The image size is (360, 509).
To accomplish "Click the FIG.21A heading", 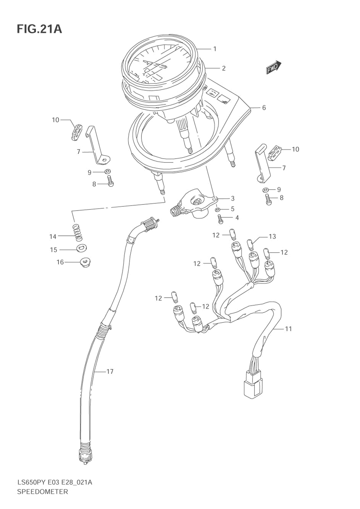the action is pos(39,29).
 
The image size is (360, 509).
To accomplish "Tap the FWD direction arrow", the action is pos(273,67).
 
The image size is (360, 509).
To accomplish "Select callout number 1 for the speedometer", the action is pos(215,49).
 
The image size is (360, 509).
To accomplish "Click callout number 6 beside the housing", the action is pos(264,108).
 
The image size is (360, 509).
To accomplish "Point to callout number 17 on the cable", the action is pos(110,371).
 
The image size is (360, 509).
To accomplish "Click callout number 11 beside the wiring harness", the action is pos(288,329).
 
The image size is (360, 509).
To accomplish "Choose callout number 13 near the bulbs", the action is pos(273,237).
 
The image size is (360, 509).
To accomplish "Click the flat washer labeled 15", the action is pos(82,248).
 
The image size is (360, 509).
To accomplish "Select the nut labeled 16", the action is pos(85,263).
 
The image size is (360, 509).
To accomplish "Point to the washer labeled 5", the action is pos(218,210).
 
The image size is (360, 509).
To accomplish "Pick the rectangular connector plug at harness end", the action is pos(254,386).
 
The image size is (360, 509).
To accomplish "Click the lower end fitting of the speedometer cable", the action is pos(84,456).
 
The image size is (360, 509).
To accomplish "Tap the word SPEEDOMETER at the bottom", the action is pos(42,491).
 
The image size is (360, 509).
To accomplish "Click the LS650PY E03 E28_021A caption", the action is pos(54,482).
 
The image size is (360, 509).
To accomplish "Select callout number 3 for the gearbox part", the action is pos(233,198).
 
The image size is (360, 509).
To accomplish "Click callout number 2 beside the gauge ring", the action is pos(224,68).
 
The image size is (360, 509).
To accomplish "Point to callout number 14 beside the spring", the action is pos(53,237).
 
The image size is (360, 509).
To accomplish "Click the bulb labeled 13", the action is pos(251,245).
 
